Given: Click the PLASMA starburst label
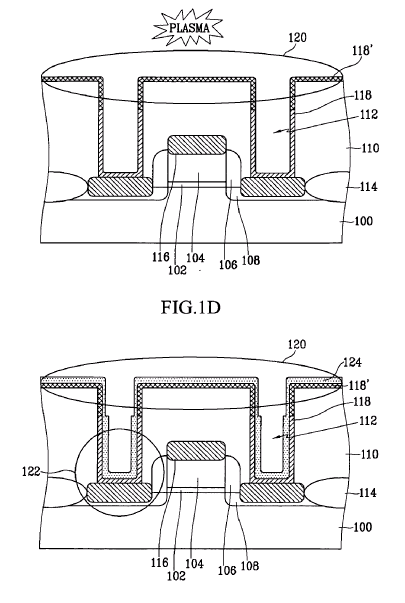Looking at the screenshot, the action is pos(189,28).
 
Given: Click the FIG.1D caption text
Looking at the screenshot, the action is pos(191,307).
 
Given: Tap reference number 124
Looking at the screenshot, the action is pos(352,362).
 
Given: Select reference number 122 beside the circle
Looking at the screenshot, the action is pos(31,471).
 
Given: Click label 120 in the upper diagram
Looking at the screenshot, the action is pos(297,37).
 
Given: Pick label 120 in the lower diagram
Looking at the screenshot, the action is pos(297,344).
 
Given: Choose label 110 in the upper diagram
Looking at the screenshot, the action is pos(370,148).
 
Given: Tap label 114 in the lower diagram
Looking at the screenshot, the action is pos(368,493).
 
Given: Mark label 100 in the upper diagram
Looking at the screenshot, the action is pos(363,221).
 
